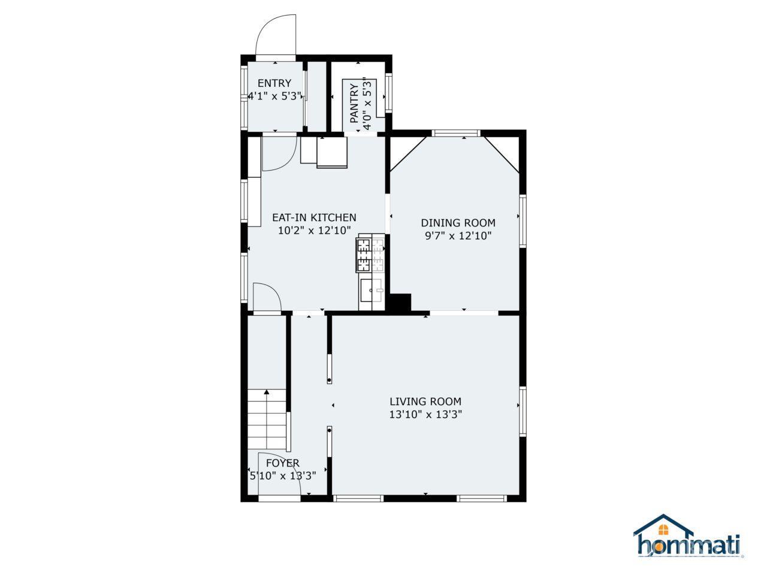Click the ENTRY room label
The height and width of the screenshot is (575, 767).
(274, 83)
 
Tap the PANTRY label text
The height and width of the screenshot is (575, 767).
(354, 104)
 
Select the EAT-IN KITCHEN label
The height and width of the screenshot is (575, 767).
(314, 217)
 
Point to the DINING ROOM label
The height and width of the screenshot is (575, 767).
(458, 223)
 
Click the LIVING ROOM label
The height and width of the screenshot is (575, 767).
(425, 401)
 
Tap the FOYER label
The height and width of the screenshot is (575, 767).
(283, 463)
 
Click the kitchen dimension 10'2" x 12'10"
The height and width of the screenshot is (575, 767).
(314, 231)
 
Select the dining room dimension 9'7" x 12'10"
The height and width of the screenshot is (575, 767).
(458, 235)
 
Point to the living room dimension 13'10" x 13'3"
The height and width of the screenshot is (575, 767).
(425, 414)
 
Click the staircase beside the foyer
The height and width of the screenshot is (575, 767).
(267, 419)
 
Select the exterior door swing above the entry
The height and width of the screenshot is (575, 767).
(276, 35)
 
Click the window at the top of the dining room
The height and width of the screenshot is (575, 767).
(455, 133)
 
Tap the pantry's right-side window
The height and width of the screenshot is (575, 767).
(388, 92)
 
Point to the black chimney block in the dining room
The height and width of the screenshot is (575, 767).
(400, 302)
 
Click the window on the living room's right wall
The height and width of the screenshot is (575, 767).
(523, 411)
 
